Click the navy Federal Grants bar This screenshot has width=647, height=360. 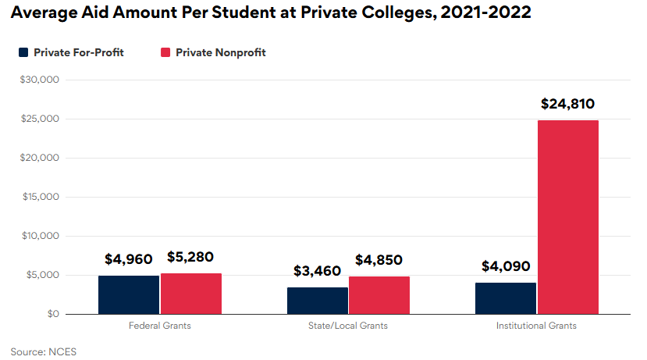[129, 294]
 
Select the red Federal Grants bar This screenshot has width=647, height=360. [191, 294]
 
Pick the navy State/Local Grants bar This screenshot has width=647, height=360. [317, 301]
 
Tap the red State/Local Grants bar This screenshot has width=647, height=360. [379, 295]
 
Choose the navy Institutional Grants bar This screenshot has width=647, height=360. [505, 298]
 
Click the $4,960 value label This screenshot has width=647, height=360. [129, 258]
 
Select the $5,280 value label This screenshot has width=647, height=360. [191, 256]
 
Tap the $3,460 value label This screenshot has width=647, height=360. [317, 271]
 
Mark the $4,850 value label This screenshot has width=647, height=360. [379, 260]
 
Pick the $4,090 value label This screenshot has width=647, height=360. [505, 266]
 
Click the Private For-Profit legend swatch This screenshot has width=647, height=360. [23, 52]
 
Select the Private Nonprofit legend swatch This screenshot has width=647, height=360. [165, 52]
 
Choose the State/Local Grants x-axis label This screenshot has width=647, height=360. [348, 326]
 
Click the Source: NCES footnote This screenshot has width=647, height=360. [44, 351]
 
